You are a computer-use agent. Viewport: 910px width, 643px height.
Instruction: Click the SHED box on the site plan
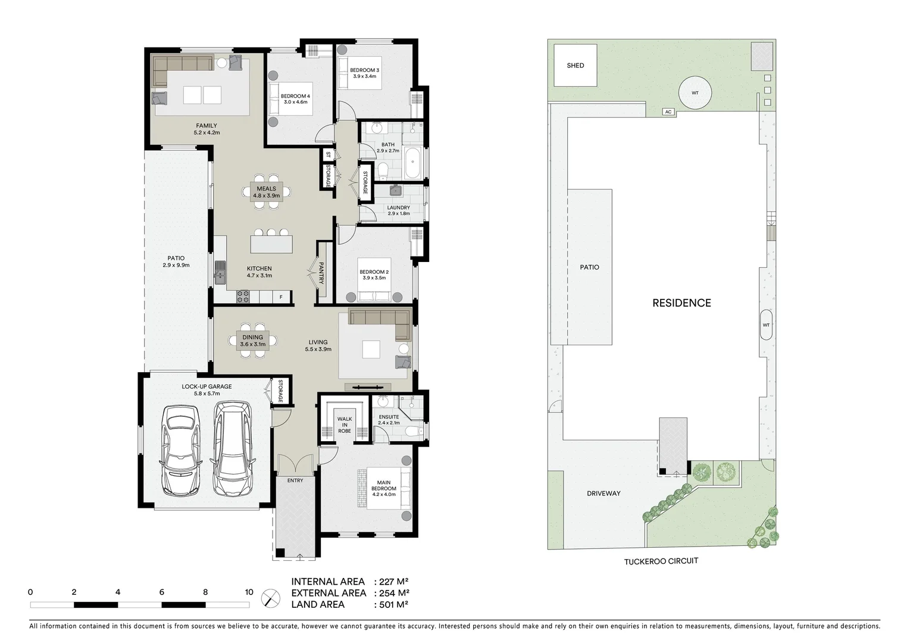pos(575,65)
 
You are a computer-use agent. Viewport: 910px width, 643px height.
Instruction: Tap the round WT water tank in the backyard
pos(695,93)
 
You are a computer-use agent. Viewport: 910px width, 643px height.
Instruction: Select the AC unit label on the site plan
pos(668,112)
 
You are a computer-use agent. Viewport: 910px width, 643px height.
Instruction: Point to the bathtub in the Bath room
pos(413,164)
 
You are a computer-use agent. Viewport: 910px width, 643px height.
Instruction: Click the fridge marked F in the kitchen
pos(282,296)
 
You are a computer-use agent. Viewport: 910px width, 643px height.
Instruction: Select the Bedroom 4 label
pos(295,99)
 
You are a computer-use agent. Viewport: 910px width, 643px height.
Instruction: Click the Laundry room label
pos(398,210)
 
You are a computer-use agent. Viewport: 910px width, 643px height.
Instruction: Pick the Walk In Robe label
pos(345,425)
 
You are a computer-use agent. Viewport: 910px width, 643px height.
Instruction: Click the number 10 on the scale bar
pos(249,592)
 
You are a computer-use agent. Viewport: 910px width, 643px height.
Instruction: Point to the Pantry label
pos(321,273)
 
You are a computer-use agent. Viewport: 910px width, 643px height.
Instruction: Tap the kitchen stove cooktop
pos(242,295)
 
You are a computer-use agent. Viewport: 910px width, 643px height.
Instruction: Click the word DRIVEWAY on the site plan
pos(603,494)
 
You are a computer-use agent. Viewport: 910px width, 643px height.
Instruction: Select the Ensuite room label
pos(389,420)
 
